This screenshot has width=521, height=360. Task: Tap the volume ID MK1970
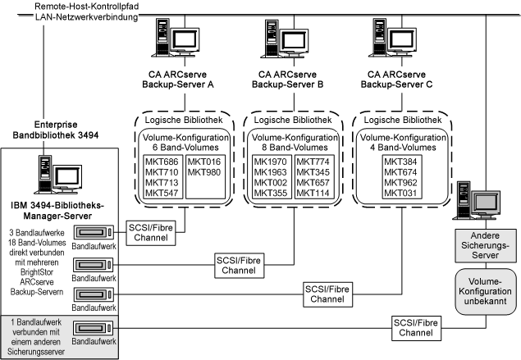(271, 162)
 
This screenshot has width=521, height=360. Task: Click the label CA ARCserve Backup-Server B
(288, 79)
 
